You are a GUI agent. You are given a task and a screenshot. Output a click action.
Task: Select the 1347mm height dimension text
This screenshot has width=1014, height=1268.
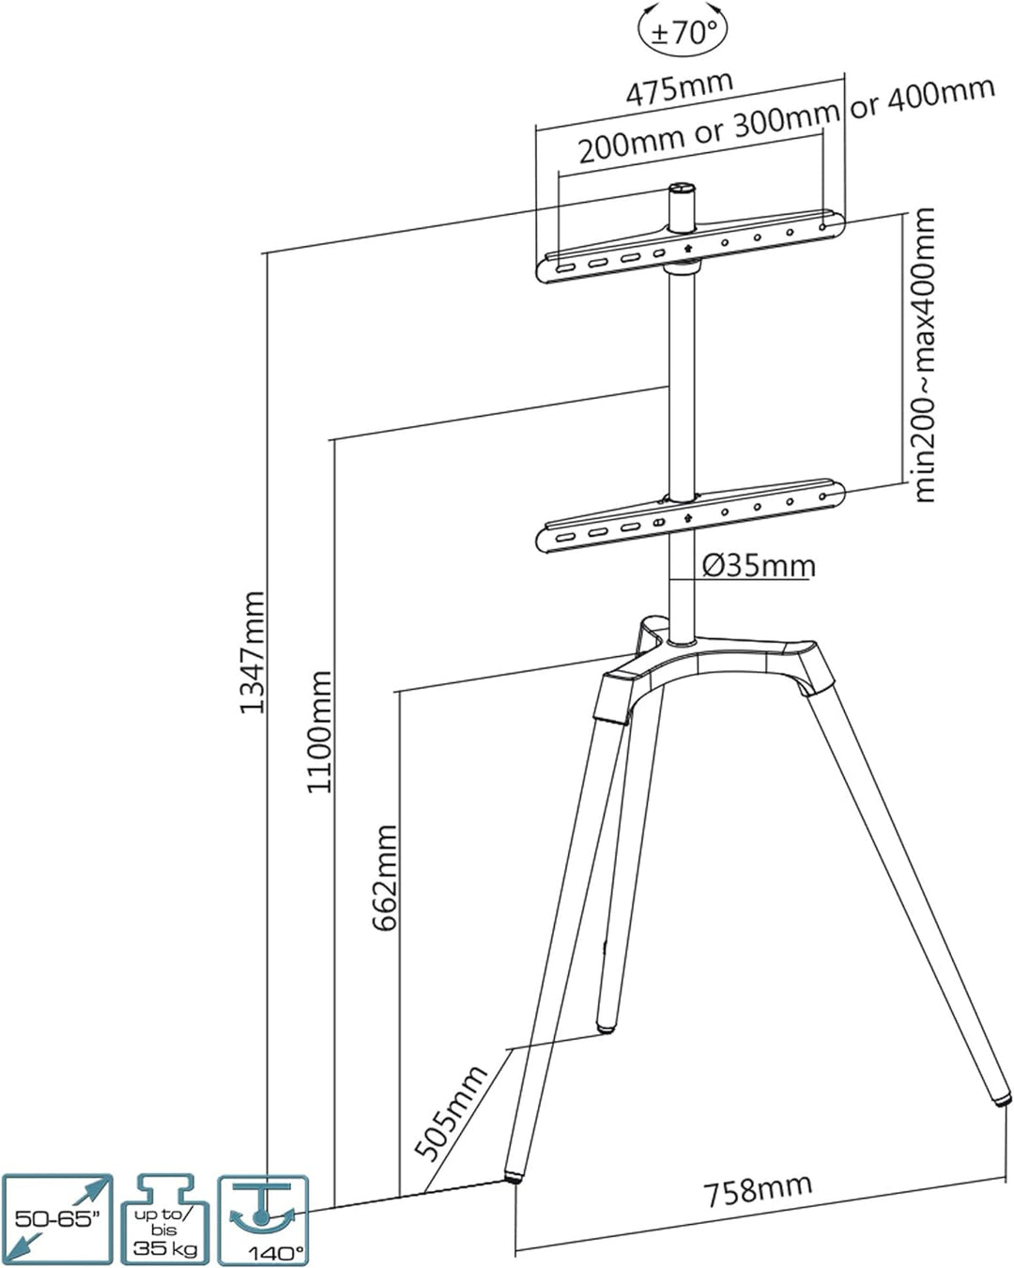click(x=252, y=651)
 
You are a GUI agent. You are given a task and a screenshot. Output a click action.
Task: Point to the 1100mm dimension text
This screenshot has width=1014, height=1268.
click(x=319, y=731)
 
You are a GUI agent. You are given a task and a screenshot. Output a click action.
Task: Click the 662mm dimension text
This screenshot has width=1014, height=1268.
click(x=385, y=878)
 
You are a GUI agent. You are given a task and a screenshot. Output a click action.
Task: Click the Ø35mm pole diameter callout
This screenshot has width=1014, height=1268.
click(x=759, y=566)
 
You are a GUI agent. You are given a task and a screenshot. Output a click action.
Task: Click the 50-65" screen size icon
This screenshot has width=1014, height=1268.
click(x=57, y=1218)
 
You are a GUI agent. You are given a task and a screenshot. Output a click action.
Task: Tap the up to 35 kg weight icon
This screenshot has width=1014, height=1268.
click(x=164, y=1218)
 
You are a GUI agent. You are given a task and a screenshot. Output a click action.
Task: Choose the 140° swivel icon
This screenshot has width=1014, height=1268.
click(x=263, y=1218)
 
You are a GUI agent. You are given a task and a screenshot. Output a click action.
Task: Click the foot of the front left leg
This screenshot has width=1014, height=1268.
click(x=514, y=1173)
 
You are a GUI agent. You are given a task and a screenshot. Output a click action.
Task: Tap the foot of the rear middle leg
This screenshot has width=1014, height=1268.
click(x=607, y=1027)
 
